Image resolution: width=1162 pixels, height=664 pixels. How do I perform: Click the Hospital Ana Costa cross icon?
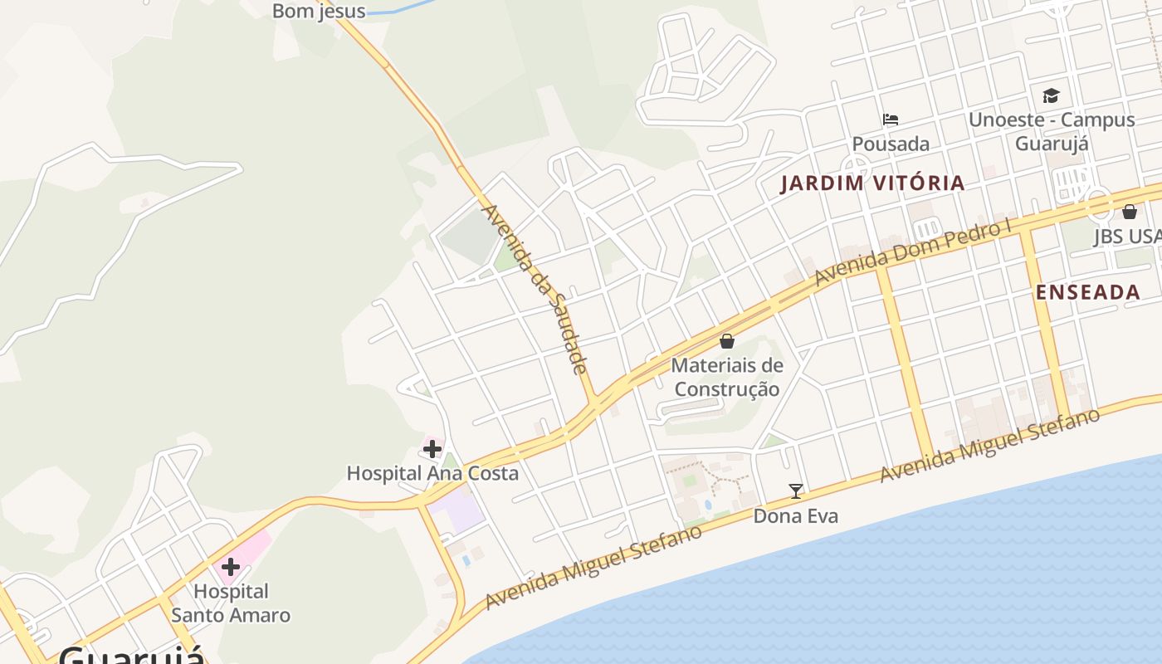point(432,450)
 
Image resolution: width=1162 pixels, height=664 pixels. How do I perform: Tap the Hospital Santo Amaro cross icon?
point(231,568)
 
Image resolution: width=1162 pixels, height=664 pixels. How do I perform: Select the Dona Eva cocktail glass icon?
point(796,491)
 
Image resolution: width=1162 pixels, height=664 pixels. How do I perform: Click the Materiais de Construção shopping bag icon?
point(727,341)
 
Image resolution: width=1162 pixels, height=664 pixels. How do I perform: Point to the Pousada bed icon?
point(891,120)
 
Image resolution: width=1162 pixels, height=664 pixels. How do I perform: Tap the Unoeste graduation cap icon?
point(1051,95)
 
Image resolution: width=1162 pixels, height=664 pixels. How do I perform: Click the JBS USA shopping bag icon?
point(1130,212)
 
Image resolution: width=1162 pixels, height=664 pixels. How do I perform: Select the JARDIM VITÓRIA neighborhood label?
point(872,183)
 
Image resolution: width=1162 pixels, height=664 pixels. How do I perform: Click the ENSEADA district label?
point(1087,292)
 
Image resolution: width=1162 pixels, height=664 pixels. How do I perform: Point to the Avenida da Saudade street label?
point(536,289)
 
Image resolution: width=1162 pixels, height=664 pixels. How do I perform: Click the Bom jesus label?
point(319,12)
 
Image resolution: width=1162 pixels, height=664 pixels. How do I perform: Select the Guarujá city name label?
point(131,656)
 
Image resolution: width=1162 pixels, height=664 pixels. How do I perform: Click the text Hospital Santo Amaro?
point(231,603)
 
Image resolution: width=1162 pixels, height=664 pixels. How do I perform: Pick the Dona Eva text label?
point(795,516)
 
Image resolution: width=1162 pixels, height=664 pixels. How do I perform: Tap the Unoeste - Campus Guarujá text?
point(1052,130)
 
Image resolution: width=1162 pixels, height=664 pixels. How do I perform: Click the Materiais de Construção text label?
point(727,377)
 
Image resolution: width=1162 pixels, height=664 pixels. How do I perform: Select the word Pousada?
point(891,144)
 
